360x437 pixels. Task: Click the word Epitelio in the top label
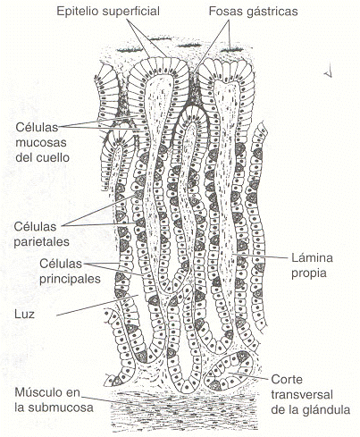coord(78,12)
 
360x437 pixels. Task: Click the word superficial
coord(131,12)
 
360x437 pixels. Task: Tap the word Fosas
coord(222,12)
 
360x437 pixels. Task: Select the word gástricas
coord(269,12)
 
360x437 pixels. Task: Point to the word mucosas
coord(41,142)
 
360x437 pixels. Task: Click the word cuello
coord(56,157)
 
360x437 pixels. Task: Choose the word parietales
coord(41,242)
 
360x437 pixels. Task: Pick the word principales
coord(70,279)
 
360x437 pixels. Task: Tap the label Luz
coord(24,314)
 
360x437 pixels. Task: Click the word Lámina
coord(312,257)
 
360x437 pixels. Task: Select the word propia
coord(309,273)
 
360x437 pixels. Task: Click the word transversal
coord(302,395)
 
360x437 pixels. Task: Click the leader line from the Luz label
coord(97,306)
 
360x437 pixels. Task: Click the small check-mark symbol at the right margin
coord(328,73)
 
